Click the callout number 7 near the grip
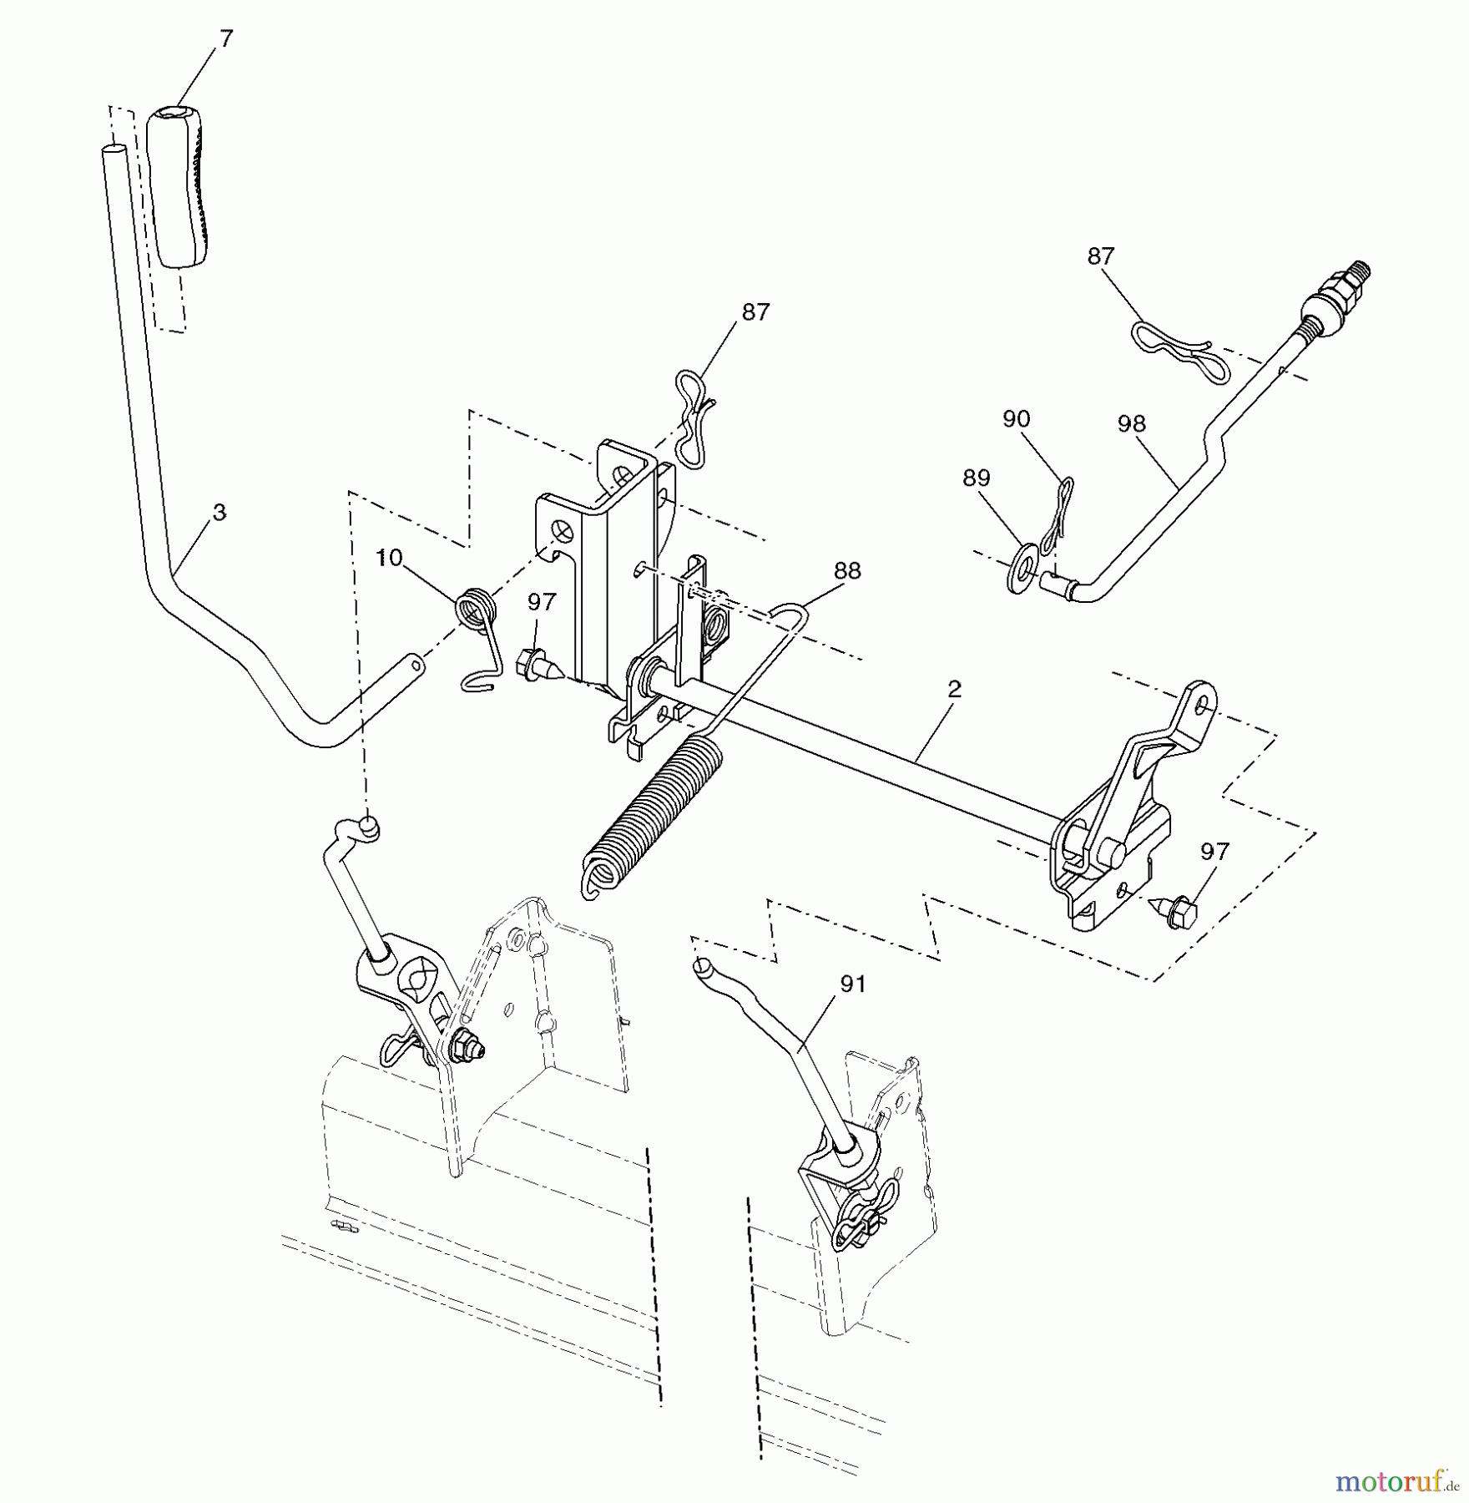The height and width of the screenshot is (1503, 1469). point(227,39)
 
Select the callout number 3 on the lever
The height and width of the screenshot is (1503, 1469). point(219,512)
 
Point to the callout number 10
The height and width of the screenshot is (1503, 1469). point(388,558)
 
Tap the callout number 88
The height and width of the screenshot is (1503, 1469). point(847,571)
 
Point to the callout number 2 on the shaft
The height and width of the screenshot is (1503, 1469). point(955,689)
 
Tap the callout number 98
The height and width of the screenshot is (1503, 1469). point(1132,423)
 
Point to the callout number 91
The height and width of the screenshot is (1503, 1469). point(852,984)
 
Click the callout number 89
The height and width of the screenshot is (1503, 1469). point(976,478)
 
